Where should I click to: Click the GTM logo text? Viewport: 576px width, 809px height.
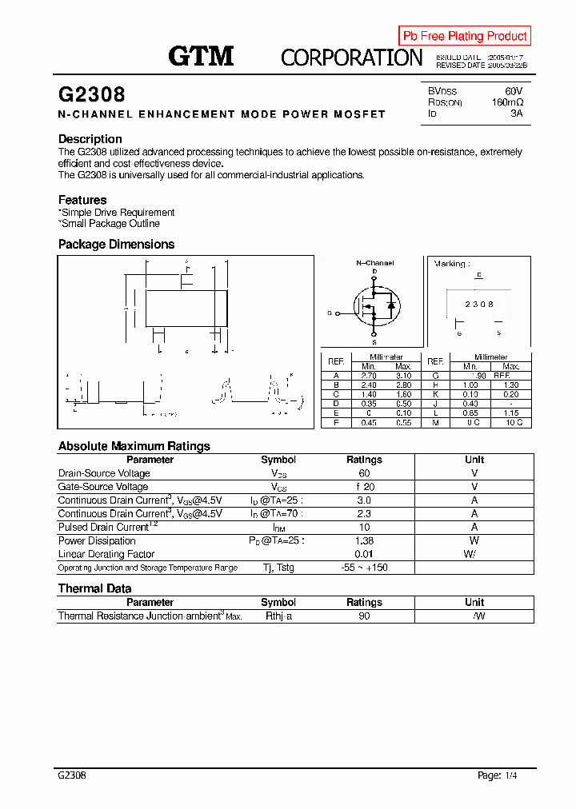201,56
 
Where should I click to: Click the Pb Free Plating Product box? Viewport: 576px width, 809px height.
465,36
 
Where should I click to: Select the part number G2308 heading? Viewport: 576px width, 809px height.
91,94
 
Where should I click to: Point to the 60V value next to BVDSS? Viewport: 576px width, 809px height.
513,91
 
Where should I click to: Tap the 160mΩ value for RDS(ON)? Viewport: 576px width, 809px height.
506,102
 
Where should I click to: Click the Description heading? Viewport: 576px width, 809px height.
90,139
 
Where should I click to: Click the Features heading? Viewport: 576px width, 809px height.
82,200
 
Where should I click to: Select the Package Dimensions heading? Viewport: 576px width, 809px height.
116,245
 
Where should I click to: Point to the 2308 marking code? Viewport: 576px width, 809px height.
479,305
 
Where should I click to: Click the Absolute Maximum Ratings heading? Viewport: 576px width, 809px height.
134,446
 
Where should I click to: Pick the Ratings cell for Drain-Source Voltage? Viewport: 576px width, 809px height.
364,473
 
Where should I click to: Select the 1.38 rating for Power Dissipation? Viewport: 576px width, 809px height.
364,540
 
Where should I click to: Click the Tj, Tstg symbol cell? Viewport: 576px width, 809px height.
278,568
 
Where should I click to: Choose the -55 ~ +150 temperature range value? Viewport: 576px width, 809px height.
364,568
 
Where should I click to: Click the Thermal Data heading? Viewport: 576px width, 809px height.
94,588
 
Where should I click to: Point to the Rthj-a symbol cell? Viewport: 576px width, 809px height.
278,616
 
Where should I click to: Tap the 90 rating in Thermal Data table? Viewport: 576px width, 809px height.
364,616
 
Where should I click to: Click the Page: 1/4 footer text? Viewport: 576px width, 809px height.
502,775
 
